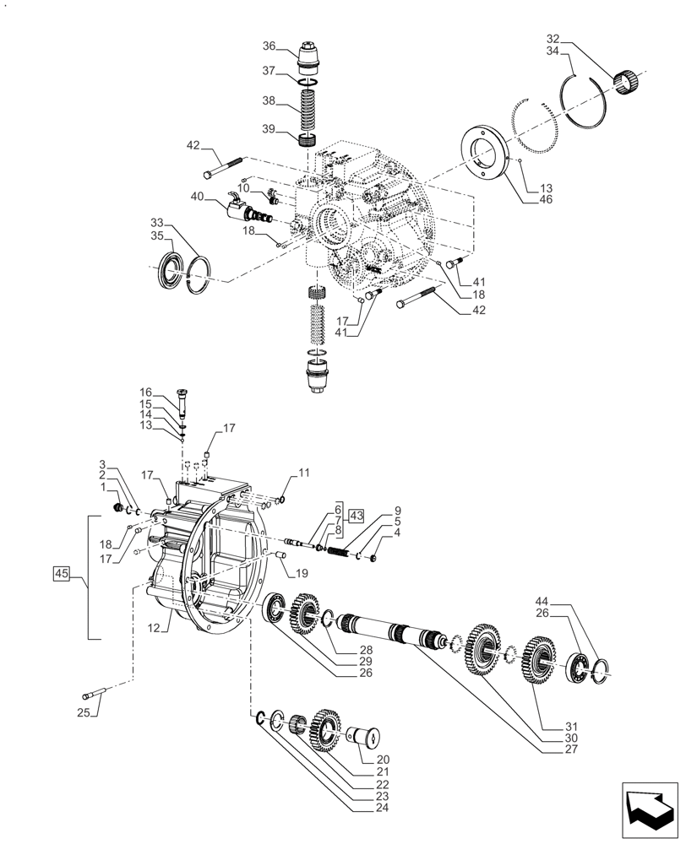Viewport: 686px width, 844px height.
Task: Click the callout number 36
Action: tap(269, 46)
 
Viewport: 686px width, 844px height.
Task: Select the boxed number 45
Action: tap(61, 575)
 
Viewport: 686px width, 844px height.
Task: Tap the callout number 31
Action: tap(549, 727)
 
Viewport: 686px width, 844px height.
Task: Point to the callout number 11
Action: tap(303, 473)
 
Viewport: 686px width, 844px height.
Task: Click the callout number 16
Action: tap(146, 392)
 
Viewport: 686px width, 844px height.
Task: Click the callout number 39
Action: tap(269, 128)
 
